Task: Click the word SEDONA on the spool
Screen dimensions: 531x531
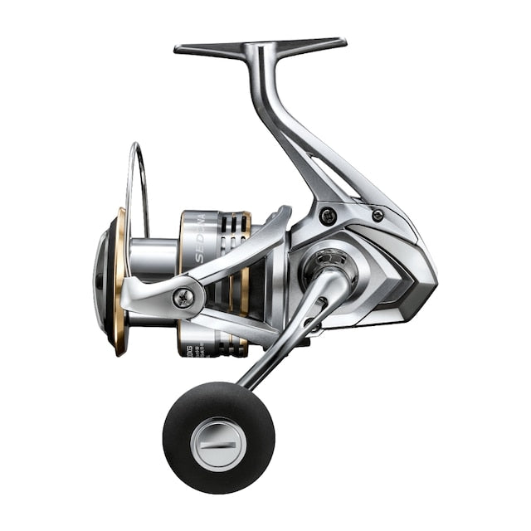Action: (202, 241)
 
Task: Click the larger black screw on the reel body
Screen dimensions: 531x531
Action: (327, 216)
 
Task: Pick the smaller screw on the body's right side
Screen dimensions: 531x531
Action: (378, 215)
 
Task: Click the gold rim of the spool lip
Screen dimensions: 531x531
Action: (121, 282)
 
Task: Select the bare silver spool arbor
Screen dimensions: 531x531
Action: (153, 257)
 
